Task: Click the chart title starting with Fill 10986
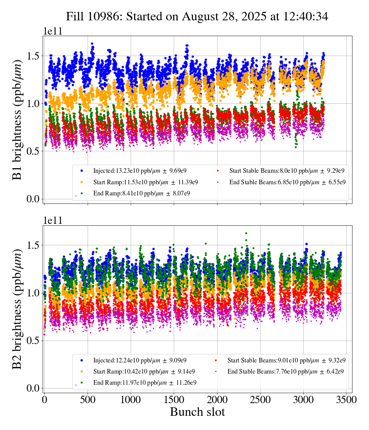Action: pos(197,17)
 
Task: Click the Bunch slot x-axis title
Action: pos(197,412)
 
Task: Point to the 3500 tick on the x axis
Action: pos(347,400)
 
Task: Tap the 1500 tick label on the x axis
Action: pos(174,400)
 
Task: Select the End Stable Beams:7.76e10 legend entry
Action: pos(285,372)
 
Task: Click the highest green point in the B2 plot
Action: pos(246,233)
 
